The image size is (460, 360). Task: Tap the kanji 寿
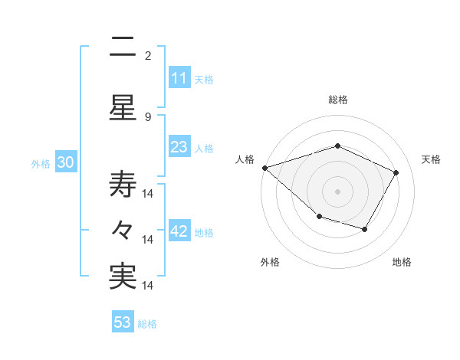point(123,182)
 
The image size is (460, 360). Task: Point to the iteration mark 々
point(123,230)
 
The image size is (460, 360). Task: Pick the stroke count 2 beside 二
point(148,56)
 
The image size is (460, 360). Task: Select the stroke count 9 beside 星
point(148,116)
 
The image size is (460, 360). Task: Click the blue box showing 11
point(179,78)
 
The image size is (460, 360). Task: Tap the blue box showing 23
point(179,148)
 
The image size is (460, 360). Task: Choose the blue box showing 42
point(179,232)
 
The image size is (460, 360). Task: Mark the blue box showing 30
point(65,163)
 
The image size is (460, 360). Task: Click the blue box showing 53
point(122,322)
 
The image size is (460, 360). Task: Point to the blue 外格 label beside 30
point(41,164)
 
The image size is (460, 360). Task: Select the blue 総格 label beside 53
point(147,324)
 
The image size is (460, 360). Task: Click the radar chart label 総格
point(338,100)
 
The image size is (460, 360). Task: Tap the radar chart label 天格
point(431,159)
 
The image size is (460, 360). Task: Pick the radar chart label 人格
point(245,159)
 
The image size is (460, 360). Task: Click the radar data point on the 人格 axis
point(264,168)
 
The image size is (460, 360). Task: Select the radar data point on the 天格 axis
point(396,172)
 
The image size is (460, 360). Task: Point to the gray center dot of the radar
point(338,191)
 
